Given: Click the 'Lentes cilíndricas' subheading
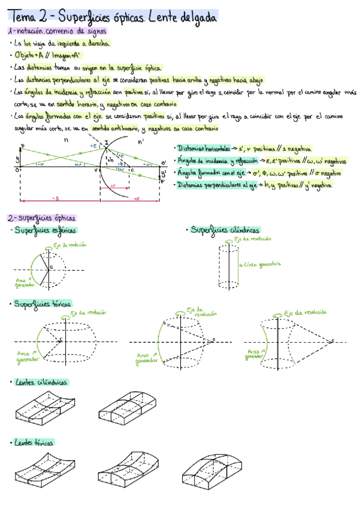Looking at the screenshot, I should coord(41,382).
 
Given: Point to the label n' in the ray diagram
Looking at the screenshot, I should coord(141,141).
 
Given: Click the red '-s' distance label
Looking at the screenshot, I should coord(55,198).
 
